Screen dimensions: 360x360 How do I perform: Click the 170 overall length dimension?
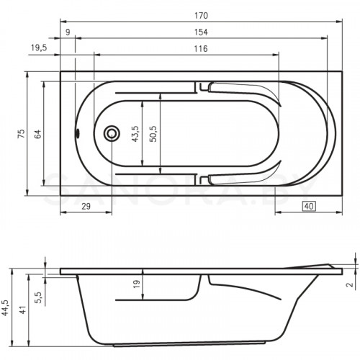(x=201, y=16)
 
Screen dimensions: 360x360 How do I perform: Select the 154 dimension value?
(x=201, y=32)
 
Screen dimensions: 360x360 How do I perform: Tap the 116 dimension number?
(x=201, y=49)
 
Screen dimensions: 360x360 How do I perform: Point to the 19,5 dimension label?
(x=39, y=48)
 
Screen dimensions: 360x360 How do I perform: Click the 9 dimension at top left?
(x=68, y=32)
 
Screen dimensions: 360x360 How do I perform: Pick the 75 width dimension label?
(x=21, y=133)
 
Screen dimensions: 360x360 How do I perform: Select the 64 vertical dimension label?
(x=37, y=134)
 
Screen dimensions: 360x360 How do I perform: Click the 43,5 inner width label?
(x=135, y=134)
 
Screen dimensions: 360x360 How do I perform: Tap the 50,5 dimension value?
(x=153, y=134)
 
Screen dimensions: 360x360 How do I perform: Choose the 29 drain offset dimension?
(x=86, y=206)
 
